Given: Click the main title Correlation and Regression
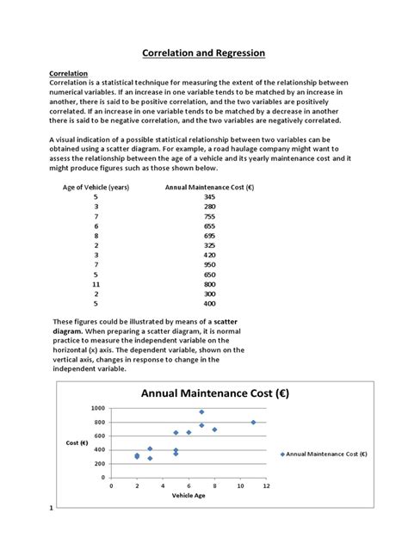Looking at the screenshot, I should (204, 53).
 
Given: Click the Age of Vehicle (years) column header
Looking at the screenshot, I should (96, 186).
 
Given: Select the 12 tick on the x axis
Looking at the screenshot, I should (267, 486).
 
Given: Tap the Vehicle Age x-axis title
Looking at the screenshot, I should (188, 497).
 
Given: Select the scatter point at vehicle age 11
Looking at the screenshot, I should (253, 422).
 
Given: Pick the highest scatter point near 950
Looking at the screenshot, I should (201, 411).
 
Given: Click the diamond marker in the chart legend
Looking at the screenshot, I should (281, 453).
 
